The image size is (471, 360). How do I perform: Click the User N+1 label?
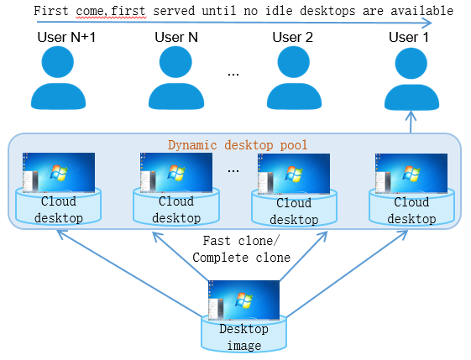66,37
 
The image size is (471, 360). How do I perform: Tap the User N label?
176,37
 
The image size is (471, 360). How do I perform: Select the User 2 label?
292,37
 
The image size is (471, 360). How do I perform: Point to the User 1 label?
409,37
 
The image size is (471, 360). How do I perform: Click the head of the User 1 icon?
411,63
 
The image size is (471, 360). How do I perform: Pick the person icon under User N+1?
58,78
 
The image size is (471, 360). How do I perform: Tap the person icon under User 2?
294,78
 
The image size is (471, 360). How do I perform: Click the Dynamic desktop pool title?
238,145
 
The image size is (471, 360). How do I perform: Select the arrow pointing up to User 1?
411,122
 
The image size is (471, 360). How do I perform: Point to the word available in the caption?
421,11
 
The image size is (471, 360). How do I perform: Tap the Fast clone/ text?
241,241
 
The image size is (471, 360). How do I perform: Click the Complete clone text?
242,258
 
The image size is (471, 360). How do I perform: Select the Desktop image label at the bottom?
244,337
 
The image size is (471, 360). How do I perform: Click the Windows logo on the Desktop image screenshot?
243,300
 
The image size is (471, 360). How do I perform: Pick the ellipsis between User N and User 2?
233,74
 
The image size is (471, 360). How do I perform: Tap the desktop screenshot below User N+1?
59,172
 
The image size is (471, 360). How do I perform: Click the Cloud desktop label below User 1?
411,210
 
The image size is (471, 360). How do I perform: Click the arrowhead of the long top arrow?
427,23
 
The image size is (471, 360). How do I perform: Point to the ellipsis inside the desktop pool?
233,170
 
